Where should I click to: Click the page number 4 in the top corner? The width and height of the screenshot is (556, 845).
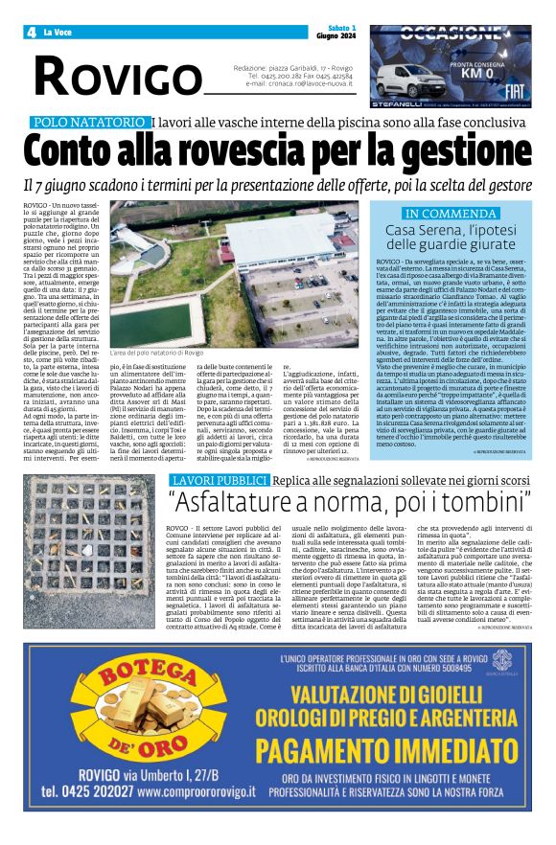(x=32, y=33)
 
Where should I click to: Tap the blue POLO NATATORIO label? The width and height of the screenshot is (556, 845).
(x=88, y=123)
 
